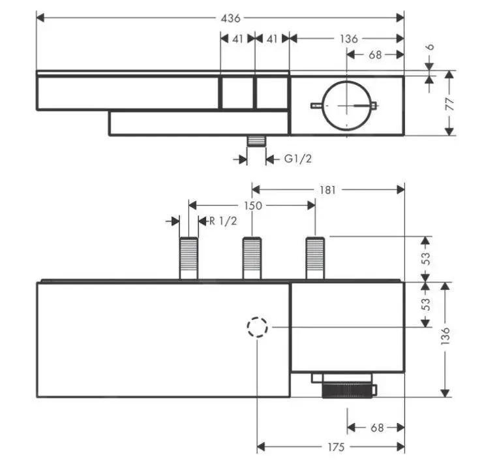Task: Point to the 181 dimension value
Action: pyautogui.click(x=328, y=190)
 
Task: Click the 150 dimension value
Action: pyautogui.click(x=252, y=206)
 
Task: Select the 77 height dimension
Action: pyautogui.click(x=451, y=104)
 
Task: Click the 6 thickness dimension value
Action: pyautogui.click(x=431, y=48)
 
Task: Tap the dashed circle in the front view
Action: pyautogui.click(x=258, y=326)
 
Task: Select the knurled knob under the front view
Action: pyautogui.click(x=349, y=390)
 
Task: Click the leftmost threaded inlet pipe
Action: pyautogui.click(x=189, y=258)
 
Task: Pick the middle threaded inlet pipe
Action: pyautogui.click(x=252, y=258)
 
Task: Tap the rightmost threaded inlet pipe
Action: pyautogui.click(x=316, y=258)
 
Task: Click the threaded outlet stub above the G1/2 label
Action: pyautogui.click(x=256, y=142)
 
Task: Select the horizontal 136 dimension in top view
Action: pyautogui.click(x=348, y=39)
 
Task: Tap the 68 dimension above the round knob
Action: pyautogui.click(x=375, y=55)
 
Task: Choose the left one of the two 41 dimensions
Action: pyautogui.click(x=237, y=39)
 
